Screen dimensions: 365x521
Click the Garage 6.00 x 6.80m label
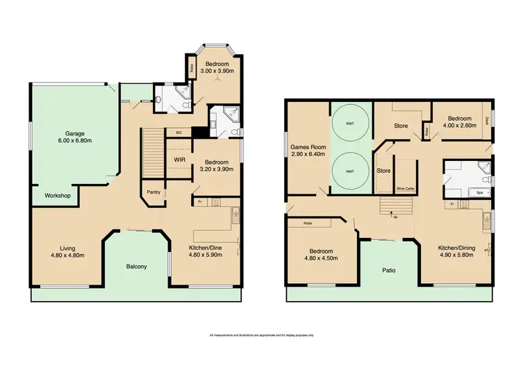pos(79,136)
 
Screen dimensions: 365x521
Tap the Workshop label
pos(58,196)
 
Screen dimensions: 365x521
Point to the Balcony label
pos(136,266)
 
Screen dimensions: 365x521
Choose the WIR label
pos(179,159)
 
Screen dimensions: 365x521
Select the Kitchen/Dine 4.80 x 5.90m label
pos(206,251)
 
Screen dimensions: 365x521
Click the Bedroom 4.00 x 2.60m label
pos(459,121)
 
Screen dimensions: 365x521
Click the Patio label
pos(388,270)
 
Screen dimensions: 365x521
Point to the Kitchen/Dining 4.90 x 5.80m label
pos(457,251)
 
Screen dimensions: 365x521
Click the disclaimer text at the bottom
pos(260,335)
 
